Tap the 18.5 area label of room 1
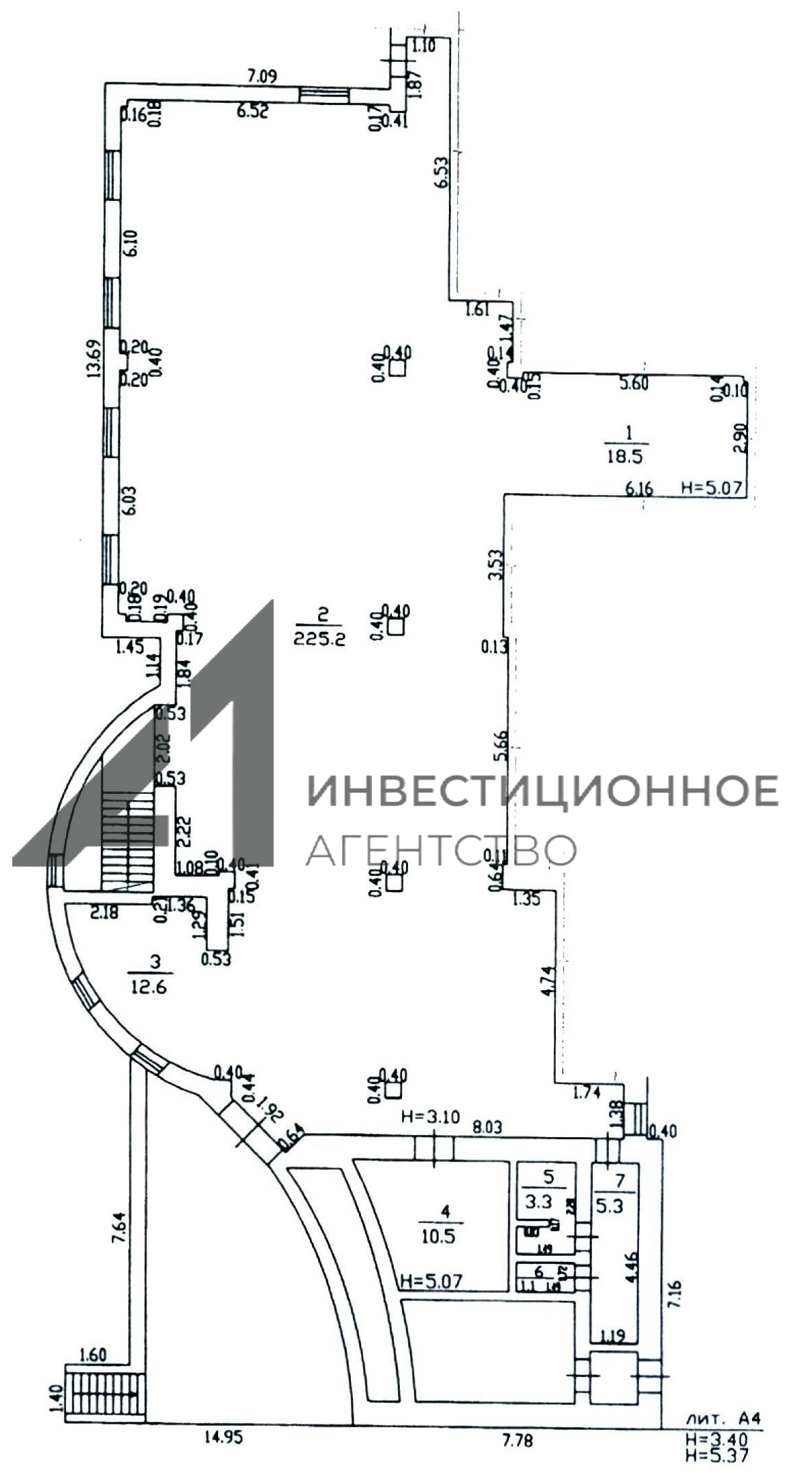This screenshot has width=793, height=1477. [624, 456]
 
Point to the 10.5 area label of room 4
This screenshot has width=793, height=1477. [437, 1236]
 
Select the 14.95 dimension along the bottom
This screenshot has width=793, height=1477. [223, 1437]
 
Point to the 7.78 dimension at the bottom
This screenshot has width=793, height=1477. [517, 1438]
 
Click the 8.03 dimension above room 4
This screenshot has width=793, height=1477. [488, 1127]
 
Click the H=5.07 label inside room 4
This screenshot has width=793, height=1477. [431, 1281]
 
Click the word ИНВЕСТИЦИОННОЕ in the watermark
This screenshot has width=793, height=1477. [543, 791]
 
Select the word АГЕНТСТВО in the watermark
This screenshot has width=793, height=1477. [441, 848]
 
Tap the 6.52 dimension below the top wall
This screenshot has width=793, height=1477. [252, 110]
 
